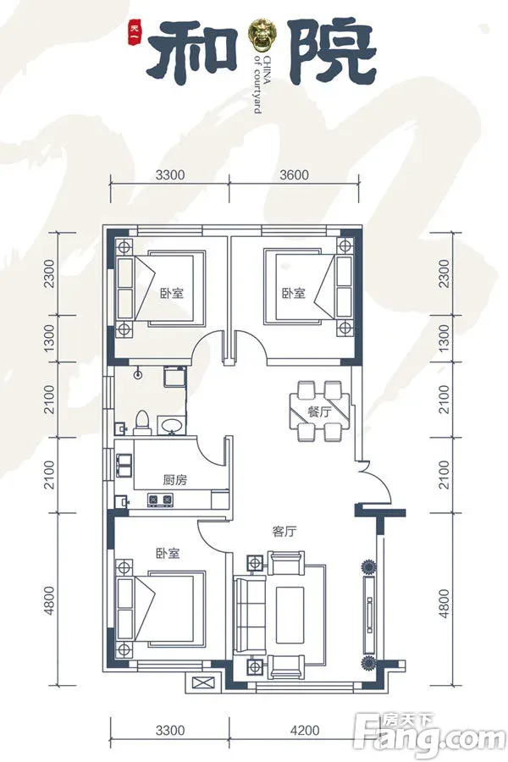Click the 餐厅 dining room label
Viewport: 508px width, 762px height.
319,412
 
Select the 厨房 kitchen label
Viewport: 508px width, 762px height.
174,480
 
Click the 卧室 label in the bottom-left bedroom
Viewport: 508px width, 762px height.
168,554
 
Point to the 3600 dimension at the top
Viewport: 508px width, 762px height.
294,174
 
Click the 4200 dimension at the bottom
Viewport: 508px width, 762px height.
306,730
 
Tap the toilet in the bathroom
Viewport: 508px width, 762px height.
142,422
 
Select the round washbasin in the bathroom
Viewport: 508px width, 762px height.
171,425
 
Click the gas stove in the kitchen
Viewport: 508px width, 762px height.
160,499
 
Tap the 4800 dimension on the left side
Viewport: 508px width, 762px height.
50,602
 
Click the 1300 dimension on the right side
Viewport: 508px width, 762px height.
444,338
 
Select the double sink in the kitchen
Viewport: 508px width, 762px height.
124,466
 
